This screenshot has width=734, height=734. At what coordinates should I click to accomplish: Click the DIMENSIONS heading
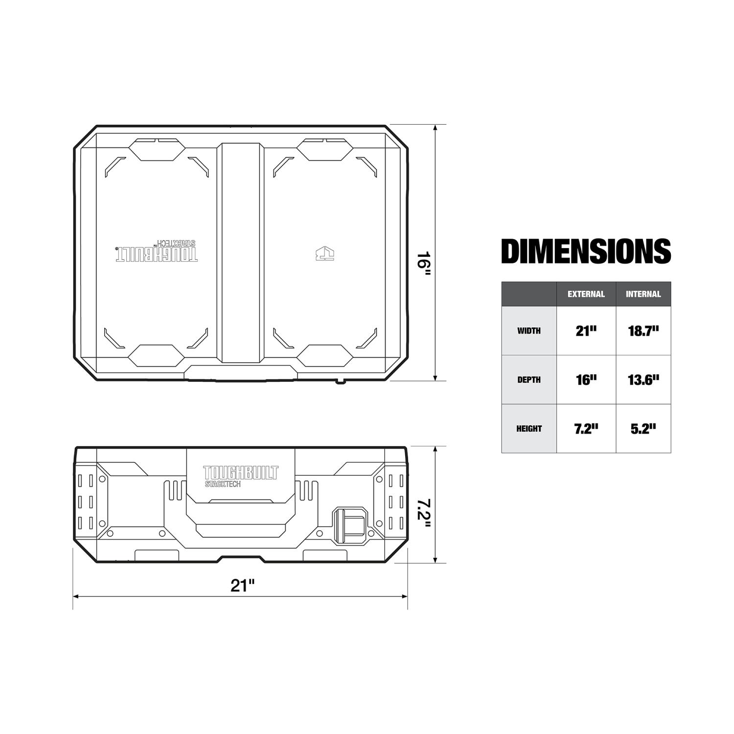586,251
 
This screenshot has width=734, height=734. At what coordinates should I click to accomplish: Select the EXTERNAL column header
586,294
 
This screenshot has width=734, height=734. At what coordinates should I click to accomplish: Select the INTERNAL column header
643,294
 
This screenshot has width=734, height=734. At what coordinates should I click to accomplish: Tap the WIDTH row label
529,331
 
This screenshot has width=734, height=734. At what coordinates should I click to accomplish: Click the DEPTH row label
529,380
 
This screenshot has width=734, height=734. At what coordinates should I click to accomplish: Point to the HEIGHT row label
529,429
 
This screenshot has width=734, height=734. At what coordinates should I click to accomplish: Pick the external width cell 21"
586,331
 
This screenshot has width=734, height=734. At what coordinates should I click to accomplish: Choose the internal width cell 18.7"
643,331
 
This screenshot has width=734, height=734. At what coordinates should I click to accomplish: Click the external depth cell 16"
586,380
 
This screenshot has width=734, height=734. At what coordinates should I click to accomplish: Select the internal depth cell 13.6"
643,380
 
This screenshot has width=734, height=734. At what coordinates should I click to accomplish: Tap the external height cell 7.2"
586,429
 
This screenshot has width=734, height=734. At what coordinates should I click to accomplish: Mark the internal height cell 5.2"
643,429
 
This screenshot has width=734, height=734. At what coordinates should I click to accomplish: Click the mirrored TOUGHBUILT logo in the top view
157,252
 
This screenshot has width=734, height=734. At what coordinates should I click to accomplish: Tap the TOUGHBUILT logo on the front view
240,476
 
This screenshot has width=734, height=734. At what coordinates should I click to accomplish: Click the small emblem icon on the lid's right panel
325,253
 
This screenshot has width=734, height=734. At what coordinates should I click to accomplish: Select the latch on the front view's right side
350,526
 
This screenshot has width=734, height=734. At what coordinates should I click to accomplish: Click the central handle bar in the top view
240,252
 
